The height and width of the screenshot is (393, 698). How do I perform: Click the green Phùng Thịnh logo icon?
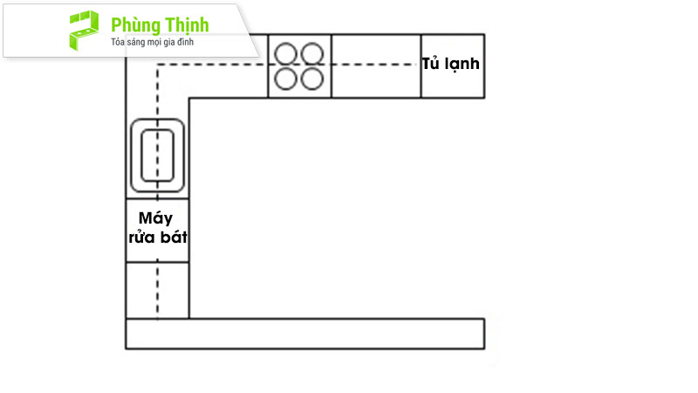(84, 30)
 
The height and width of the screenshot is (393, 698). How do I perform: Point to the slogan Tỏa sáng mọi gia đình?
(152, 42)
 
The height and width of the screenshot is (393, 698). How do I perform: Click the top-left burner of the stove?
(286, 53)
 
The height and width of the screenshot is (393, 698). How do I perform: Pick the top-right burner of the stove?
(312, 53)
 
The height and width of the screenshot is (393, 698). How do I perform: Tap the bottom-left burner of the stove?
(286, 79)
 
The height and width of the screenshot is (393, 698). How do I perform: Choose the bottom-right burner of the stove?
(312, 79)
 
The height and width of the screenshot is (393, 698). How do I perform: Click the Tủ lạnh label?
(450, 64)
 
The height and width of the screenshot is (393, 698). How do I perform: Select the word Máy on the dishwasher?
(156, 218)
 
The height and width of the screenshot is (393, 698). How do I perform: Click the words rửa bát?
(158, 237)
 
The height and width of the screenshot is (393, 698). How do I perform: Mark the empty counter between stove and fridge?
(376, 66)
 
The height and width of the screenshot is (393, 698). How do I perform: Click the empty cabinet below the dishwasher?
(158, 290)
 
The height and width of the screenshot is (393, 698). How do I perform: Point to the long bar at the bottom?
(305, 334)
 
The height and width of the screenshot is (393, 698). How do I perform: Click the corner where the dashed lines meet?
(158, 65)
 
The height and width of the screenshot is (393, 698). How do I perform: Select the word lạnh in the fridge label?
(463, 65)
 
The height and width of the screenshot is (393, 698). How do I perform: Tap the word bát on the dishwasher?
(174, 237)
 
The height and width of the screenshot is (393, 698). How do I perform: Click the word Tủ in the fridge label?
(431, 63)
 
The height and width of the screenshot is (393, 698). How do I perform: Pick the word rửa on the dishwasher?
(143, 238)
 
